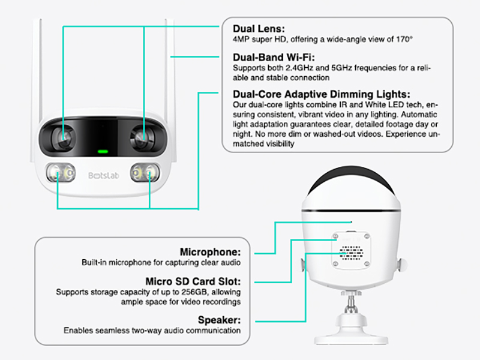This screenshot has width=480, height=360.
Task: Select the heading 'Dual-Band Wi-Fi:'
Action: (272, 58)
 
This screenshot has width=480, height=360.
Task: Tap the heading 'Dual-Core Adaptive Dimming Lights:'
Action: (321, 94)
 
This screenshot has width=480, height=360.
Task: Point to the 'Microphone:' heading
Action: (211, 252)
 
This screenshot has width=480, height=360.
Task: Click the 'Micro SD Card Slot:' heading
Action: (193, 281)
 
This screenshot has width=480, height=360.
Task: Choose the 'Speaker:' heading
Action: (219, 320)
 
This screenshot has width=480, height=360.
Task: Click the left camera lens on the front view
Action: (62, 137)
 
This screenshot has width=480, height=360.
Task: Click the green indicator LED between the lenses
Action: (103, 151)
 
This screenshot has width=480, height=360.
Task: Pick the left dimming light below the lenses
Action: (58, 174)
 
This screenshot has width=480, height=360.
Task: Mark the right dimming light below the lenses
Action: (146, 174)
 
